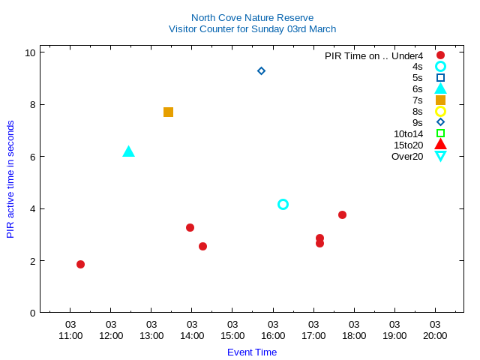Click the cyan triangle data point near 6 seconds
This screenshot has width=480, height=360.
128,151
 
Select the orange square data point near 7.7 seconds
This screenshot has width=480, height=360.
168,112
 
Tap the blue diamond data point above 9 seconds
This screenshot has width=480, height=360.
261,70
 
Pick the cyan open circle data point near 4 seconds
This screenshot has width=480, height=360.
283,204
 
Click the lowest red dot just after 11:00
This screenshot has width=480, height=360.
80,264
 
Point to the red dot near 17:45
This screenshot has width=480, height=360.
342,214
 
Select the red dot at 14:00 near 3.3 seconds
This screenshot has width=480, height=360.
190,227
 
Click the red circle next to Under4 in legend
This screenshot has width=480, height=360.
440,55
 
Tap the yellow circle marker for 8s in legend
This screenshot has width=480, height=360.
440,111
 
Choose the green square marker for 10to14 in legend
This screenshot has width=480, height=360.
440,133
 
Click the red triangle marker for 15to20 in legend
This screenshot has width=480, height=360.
440,144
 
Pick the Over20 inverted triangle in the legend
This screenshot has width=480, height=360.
440,156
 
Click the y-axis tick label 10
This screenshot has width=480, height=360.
30,52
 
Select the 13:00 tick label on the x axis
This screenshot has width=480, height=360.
151,335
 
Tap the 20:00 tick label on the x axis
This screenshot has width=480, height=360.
435,335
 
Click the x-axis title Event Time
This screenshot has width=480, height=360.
252,352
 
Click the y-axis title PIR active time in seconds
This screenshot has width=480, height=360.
10,179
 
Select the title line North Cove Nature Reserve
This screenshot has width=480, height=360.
252,17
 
